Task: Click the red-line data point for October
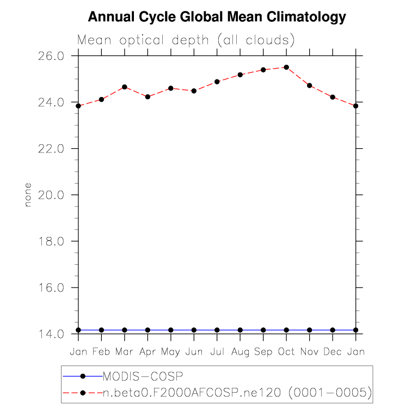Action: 286,68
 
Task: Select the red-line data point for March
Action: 125,87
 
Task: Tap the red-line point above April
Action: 148,97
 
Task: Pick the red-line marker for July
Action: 217,82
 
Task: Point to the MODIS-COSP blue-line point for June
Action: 194,330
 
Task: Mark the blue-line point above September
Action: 263,330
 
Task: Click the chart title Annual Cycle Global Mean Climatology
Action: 217,17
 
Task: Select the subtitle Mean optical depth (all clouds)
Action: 186,40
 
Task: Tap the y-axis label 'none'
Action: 28,195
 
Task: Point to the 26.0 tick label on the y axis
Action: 51,56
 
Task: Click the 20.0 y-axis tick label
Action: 51,195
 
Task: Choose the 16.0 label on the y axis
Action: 51,288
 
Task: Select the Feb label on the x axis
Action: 101,352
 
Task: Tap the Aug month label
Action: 240,352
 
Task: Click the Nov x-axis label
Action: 310,352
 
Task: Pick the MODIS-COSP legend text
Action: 143,376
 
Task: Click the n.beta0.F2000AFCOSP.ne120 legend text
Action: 192,393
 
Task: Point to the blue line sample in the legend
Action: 83,376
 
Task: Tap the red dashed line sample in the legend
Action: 83,393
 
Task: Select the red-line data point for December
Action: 333,97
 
